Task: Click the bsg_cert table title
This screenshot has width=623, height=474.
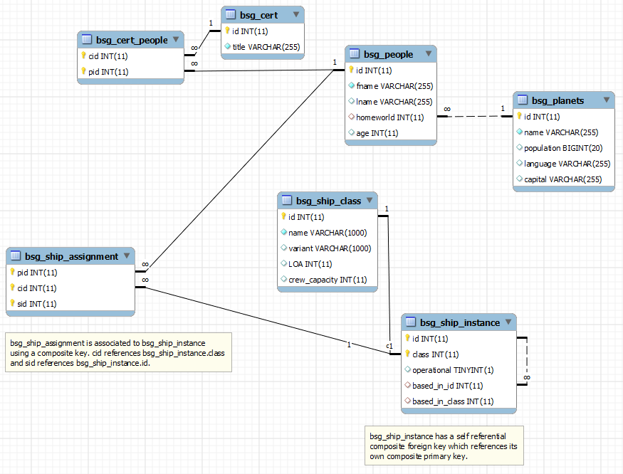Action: [258, 16]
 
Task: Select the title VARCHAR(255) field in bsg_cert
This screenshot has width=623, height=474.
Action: [266, 47]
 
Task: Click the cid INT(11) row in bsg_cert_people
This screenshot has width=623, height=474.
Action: [108, 56]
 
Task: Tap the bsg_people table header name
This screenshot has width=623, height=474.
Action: [388, 54]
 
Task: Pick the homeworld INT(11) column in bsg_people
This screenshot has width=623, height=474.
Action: [389, 117]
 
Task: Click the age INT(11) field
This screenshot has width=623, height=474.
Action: [377, 133]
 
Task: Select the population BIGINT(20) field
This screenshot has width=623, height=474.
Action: [563, 148]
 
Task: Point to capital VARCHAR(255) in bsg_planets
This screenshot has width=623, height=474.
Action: [562, 179]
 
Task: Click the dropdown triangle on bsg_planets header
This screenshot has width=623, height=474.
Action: [607, 100]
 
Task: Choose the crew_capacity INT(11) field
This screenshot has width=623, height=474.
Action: [328, 280]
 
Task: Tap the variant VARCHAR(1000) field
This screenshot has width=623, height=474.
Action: [330, 248]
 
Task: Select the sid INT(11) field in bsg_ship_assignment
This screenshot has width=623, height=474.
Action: [36, 304]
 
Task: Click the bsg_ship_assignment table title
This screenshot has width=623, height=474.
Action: [71, 257]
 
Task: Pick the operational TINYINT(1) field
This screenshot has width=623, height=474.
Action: [453, 370]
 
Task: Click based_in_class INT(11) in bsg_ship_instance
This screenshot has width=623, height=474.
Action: [453, 401]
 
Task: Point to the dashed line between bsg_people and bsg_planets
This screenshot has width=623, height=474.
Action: [475, 117]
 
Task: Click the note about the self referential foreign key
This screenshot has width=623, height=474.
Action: [444, 446]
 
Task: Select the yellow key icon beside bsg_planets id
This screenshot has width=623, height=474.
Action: [519, 116]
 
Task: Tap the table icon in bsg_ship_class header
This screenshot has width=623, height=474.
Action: [287, 200]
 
